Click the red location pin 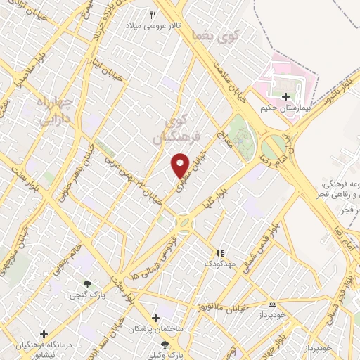coord(181,165)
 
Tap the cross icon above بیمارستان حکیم coord(285,96)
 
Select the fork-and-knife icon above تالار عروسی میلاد coord(153,14)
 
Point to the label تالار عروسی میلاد coord(153,25)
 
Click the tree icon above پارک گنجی coord(86,283)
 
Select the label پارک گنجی coord(86,295)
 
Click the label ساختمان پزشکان coord(155,329)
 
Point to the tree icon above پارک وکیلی coord(165,345)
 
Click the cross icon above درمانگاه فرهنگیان coord(44,333)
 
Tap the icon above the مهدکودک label coord(219,252)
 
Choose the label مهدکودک coord(219,263)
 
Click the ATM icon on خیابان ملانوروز coord(273,304)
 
